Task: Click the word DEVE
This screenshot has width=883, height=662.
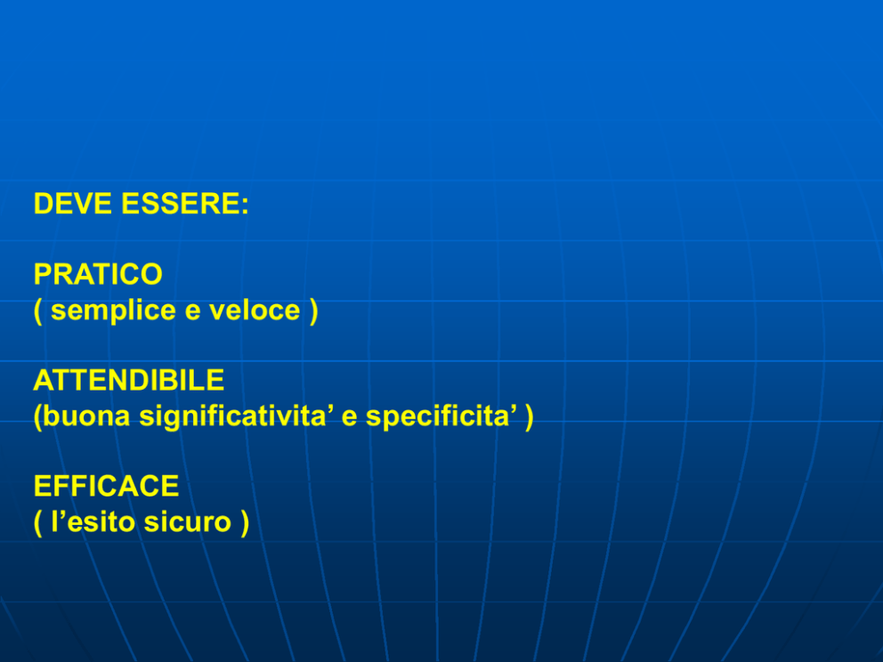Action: [73, 203]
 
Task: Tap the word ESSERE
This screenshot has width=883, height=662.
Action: [181, 203]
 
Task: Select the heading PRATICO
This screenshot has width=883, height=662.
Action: [98, 274]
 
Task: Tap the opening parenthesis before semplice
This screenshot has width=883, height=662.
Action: [37, 311]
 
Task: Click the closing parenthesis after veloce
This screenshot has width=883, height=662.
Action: [313, 311]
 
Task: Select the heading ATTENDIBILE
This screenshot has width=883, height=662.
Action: [129, 380]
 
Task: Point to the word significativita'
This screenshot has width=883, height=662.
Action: [237, 417]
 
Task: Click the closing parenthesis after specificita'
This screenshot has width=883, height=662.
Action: [529, 417]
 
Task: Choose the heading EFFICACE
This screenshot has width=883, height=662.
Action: [107, 486]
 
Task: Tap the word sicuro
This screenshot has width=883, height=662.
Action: [188, 522]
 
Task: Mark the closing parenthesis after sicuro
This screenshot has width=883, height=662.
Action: [245, 523]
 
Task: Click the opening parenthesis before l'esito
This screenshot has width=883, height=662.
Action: [37, 523]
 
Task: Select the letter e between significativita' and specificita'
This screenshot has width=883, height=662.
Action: [350, 419]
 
